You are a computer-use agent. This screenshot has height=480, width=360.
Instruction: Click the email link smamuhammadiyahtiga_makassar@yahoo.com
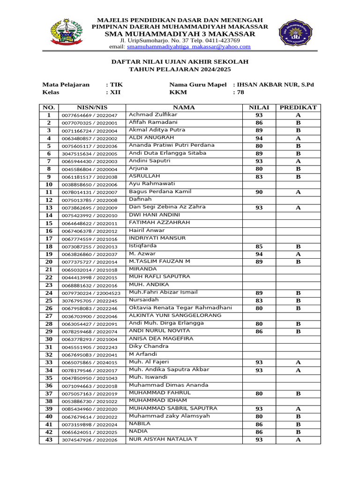pos(188,47)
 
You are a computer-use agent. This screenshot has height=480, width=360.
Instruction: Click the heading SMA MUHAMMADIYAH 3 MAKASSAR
pos(180,34)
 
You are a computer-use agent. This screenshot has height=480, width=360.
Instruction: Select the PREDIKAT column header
pos(298,107)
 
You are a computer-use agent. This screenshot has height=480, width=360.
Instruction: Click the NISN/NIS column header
pos(92,107)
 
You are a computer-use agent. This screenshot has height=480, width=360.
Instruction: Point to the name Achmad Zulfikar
pos(153,115)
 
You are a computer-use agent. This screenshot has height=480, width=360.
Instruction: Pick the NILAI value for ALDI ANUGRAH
pos(259,138)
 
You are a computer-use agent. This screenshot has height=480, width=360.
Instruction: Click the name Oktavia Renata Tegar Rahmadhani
pos(180,307)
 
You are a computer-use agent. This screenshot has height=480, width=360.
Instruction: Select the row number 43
pos(49,440)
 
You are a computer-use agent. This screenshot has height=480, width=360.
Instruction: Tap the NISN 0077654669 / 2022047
pos(92,115)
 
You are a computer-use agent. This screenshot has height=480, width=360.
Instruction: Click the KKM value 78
pos(240,92)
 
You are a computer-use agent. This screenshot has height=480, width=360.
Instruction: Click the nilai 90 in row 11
pos(259,192)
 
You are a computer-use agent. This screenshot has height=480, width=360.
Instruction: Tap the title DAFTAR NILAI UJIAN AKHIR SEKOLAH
pos(180,62)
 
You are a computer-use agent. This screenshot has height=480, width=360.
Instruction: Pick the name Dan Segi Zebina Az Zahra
pos(167,207)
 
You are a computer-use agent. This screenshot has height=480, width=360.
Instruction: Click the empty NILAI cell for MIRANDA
pos(259,270)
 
